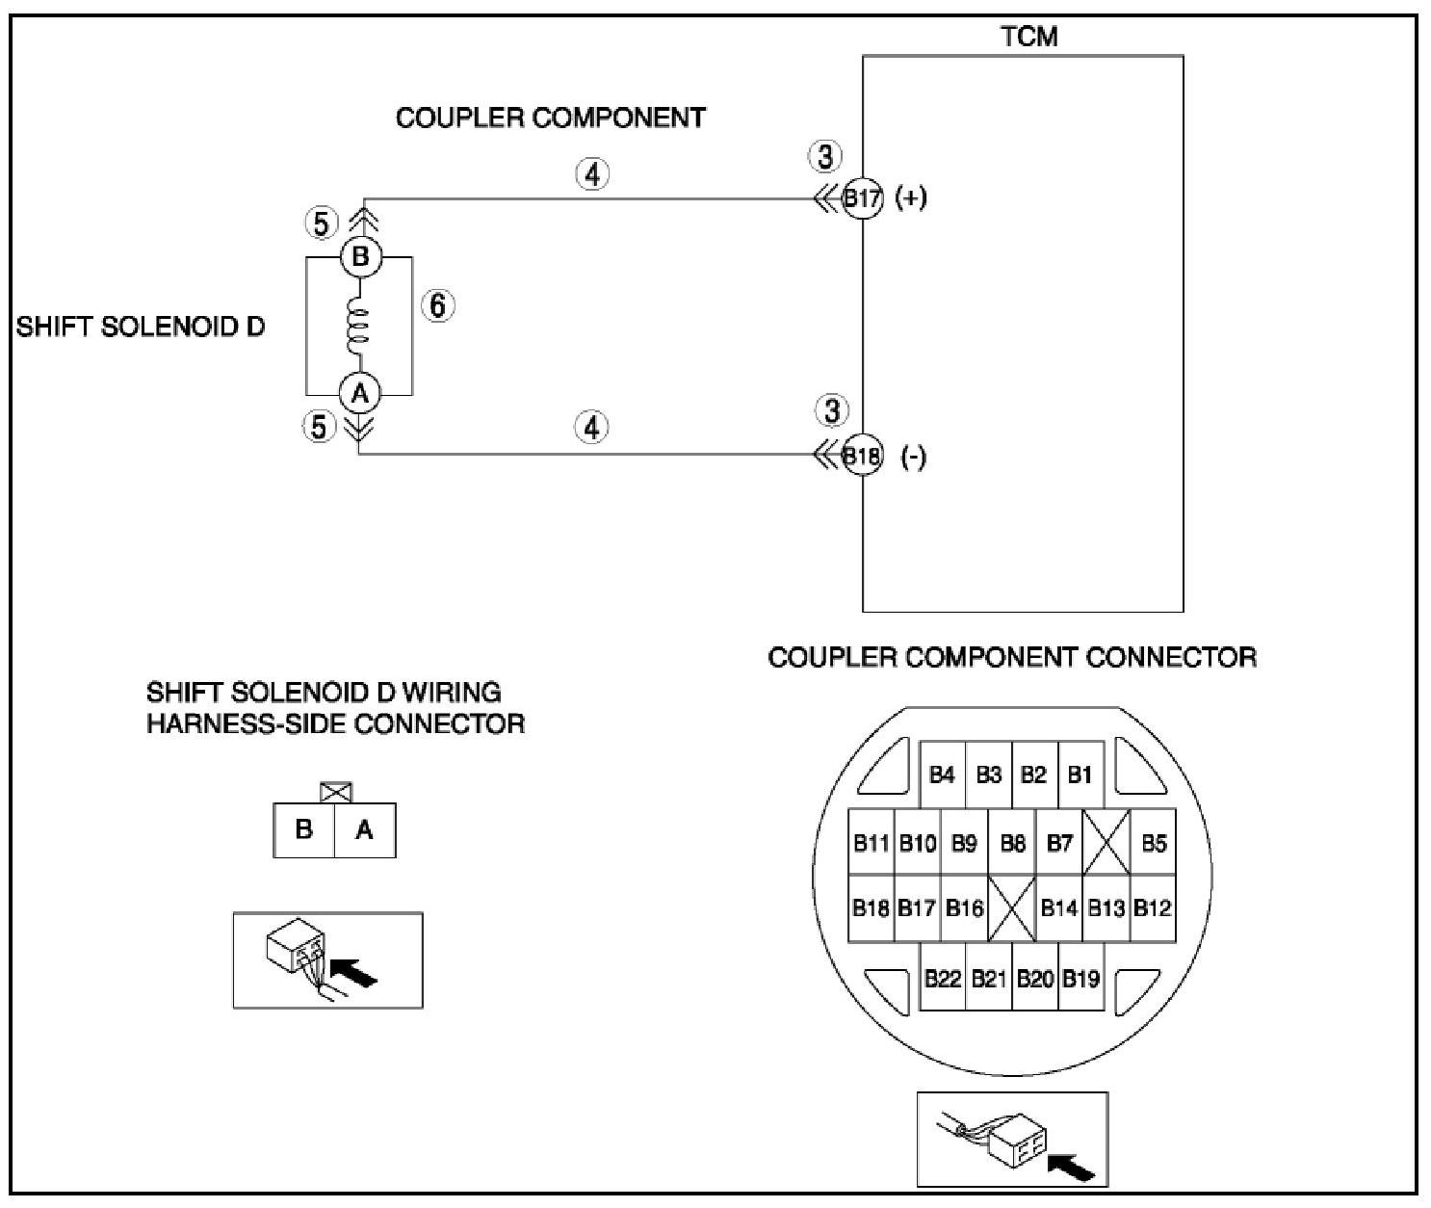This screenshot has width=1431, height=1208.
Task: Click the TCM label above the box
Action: (x=1029, y=37)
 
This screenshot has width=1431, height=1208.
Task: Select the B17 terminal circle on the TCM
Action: (x=862, y=199)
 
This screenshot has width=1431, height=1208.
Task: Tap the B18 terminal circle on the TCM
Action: (x=862, y=456)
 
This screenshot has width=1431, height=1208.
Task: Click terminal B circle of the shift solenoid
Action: (x=360, y=257)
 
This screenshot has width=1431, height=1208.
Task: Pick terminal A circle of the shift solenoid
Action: (x=360, y=393)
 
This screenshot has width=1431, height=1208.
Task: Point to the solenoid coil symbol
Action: (x=358, y=326)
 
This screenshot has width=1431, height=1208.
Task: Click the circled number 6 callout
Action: (x=438, y=306)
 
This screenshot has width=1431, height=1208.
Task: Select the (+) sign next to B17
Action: (x=910, y=198)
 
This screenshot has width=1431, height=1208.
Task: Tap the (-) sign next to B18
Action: (x=913, y=457)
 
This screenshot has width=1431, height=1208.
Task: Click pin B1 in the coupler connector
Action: (x=1080, y=775)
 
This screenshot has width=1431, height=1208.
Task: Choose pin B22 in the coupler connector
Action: (x=943, y=980)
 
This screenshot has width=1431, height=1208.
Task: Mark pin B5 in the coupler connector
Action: (x=1154, y=844)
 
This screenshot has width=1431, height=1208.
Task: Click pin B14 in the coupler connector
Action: (x=1059, y=908)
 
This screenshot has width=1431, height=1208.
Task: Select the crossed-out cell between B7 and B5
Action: (x=1106, y=843)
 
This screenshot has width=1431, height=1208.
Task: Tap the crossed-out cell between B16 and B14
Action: (x=1012, y=908)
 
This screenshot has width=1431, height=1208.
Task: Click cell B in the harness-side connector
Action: (x=304, y=829)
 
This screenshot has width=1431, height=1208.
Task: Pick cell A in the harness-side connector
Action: (x=364, y=829)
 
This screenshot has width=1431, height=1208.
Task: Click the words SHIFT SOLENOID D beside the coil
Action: (x=140, y=327)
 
